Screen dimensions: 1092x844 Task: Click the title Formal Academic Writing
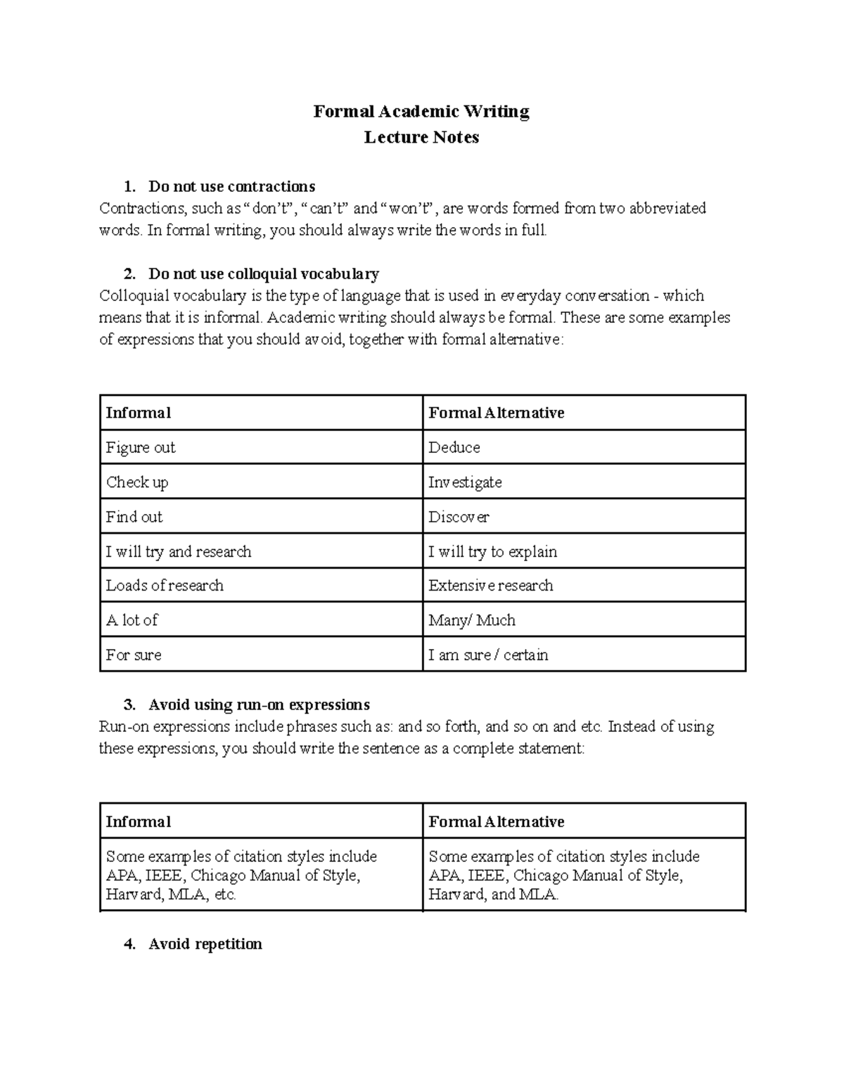click(x=421, y=112)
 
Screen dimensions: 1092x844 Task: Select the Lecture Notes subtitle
click(x=421, y=137)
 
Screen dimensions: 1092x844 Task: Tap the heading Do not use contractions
click(x=231, y=186)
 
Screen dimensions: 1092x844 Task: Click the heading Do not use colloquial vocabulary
click(x=263, y=274)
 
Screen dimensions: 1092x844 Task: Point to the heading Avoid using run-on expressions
click(x=259, y=705)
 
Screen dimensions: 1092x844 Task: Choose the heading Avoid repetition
click(x=205, y=944)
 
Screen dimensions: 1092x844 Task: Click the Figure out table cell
click(x=141, y=447)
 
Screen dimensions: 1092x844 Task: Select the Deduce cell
click(x=454, y=447)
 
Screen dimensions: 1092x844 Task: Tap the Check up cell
click(x=137, y=482)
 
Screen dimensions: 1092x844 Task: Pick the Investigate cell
click(x=465, y=482)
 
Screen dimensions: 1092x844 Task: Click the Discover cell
click(x=459, y=517)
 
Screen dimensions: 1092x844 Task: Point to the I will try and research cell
click(x=179, y=551)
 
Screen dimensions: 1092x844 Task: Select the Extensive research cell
click(x=491, y=586)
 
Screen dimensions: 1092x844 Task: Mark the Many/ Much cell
click(x=472, y=620)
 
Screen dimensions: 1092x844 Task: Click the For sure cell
click(x=134, y=655)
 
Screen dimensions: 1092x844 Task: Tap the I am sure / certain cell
click(x=488, y=655)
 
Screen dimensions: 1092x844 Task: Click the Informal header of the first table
click(x=139, y=413)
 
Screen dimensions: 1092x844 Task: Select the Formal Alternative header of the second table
click(x=497, y=821)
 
